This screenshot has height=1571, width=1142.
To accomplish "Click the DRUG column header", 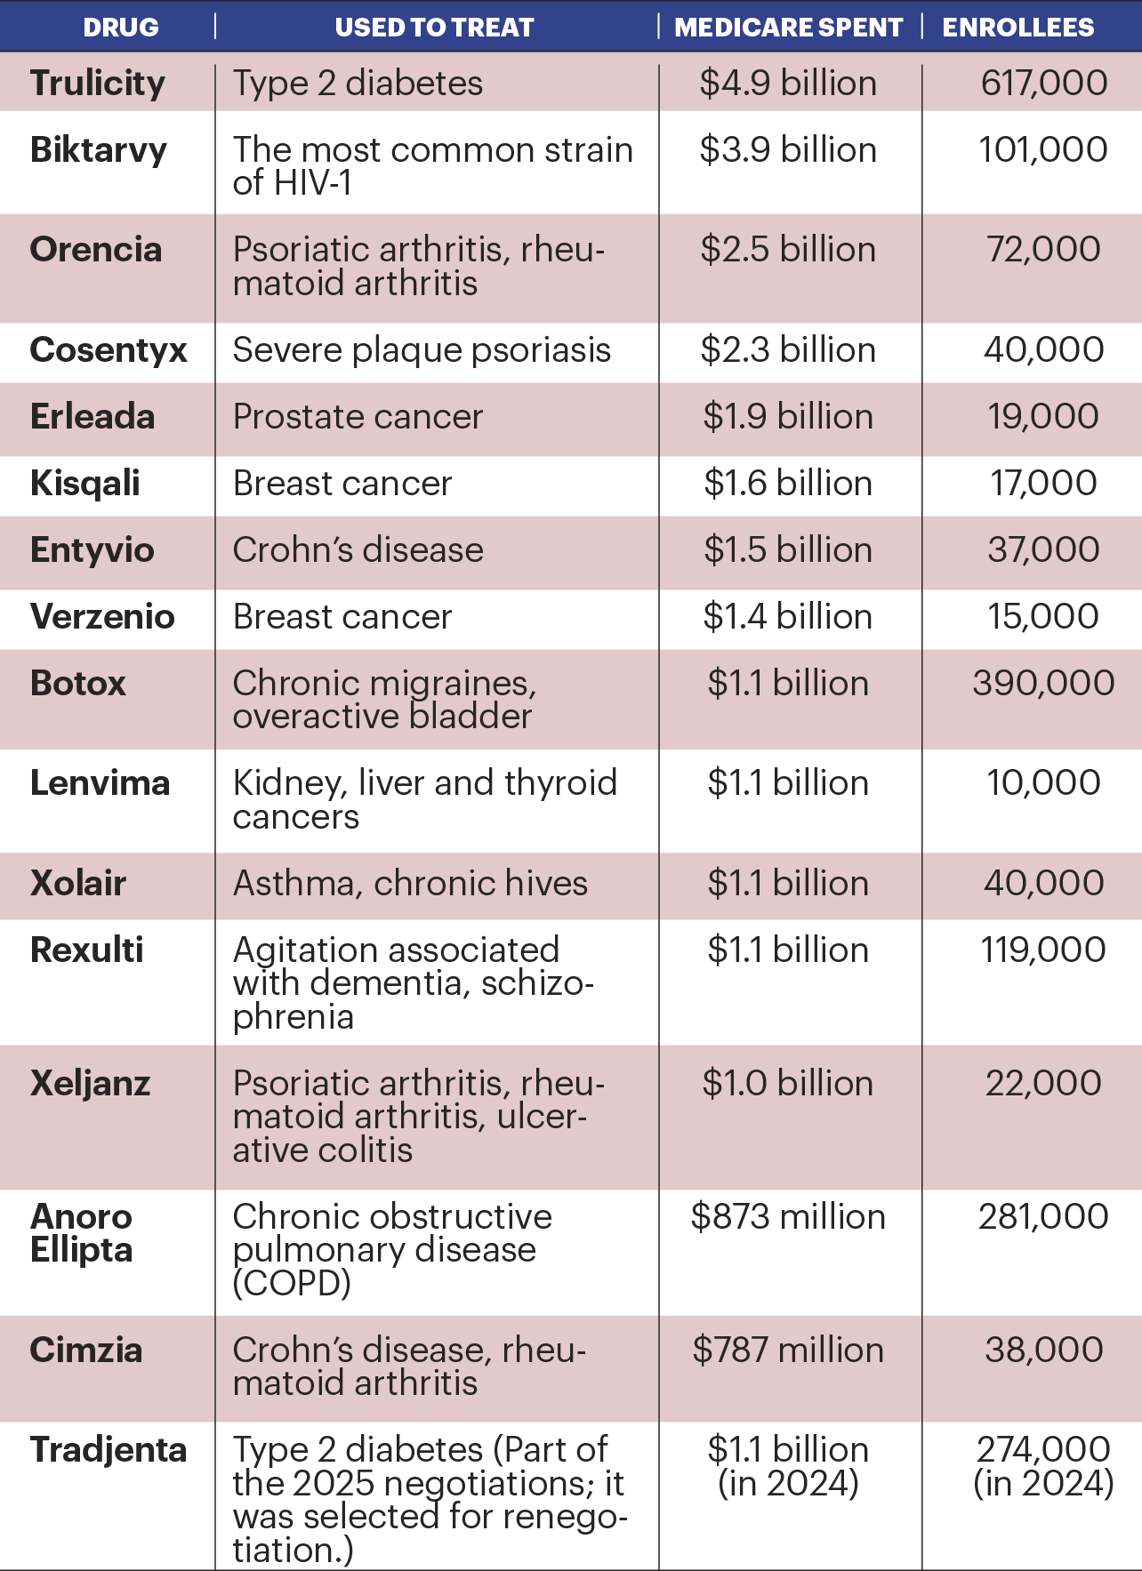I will pyautogui.click(x=121, y=28).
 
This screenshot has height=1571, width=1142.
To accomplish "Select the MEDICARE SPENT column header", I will pyautogui.click(x=788, y=28).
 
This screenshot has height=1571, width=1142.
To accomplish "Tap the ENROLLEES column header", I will pyautogui.click(x=1017, y=28).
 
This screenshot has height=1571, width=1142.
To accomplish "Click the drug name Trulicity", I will pyautogui.click(x=98, y=84).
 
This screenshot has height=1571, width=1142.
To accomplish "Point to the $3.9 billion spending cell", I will pyautogui.click(x=788, y=150).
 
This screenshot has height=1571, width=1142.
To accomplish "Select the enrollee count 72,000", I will pyautogui.click(x=1043, y=250).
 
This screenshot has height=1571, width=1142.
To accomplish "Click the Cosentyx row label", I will pyautogui.click(x=109, y=350).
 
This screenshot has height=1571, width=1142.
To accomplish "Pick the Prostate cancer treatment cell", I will pyautogui.click(x=358, y=417).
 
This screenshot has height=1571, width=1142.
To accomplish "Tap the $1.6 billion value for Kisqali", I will pyautogui.click(x=788, y=484).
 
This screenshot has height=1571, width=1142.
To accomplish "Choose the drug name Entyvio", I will pyautogui.click(x=92, y=550).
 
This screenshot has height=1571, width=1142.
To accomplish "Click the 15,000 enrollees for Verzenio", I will pyautogui.click(x=1043, y=617).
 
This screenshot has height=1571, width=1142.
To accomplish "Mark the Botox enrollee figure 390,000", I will pyautogui.click(x=1043, y=684).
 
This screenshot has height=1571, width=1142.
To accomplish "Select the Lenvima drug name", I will pyautogui.click(x=100, y=783).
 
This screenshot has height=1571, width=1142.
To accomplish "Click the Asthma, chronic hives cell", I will pyautogui.click(x=410, y=884).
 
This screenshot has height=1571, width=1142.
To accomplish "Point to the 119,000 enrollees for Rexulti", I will pyautogui.click(x=1043, y=950).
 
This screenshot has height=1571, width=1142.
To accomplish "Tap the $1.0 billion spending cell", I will pyautogui.click(x=788, y=1084).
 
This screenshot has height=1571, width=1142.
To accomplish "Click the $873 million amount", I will pyautogui.click(x=788, y=1217).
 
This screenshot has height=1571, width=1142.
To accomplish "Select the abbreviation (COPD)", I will pyautogui.click(x=292, y=1283).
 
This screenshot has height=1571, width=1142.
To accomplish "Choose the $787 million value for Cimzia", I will pyautogui.click(x=788, y=1351).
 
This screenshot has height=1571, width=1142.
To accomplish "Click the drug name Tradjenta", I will pyautogui.click(x=109, y=1450).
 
